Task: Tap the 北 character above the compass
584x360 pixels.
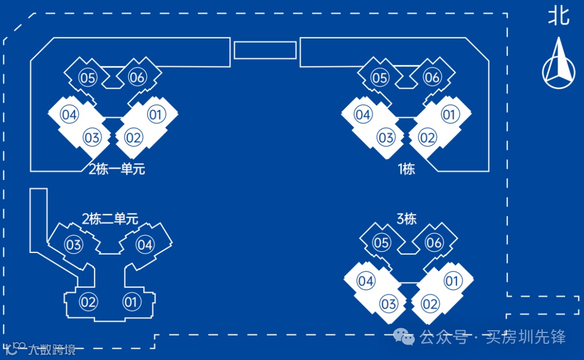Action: [x=559, y=16]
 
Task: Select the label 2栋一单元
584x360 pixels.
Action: [x=117, y=169]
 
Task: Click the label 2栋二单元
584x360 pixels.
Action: [x=110, y=219]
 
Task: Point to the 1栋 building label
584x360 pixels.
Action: [x=406, y=169]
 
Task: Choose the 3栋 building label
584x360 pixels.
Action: [x=407, y=219]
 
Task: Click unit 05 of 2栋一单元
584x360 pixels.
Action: [x=88, y=78]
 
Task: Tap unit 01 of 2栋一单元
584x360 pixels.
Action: [x=156, y=115]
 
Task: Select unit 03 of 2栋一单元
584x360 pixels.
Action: [x=92, y=137]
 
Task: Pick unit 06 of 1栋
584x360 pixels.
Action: [x=432, y=78]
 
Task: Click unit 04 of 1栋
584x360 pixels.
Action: [x=363, y=115]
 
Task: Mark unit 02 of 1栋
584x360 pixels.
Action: [x=427, y=137]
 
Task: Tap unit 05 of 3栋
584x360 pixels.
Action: [x=382, y=243]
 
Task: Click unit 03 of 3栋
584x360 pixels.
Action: [x=388, y=304]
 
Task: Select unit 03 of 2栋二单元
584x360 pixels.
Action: [x=74, y=245]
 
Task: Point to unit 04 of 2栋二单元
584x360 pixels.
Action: [x=144, y=245]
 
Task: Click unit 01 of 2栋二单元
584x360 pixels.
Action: [x=131, y=302]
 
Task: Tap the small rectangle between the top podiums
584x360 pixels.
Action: [x=265, y=50]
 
